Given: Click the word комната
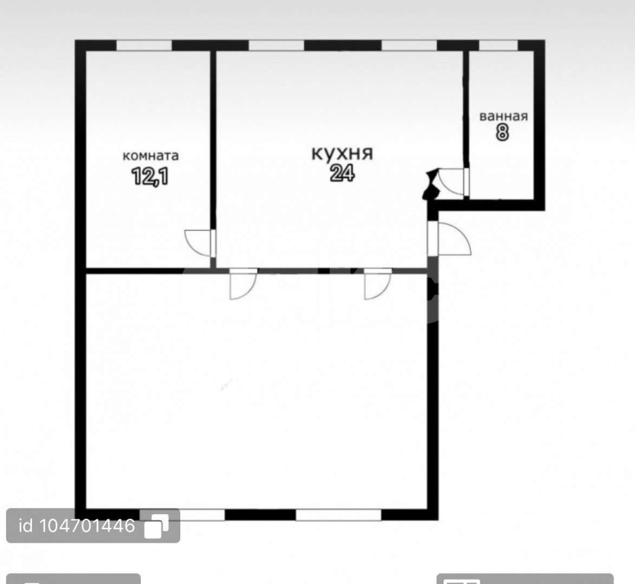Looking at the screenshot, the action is [x=150, y=156].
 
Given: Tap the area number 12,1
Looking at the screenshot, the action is [x=150, y=176].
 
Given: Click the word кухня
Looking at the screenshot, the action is [x=342, y=154].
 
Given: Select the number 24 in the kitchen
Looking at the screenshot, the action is [x=343, y=174].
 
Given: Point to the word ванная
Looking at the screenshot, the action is [x=504, y=116].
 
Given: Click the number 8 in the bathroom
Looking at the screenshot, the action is [x=502, y=132].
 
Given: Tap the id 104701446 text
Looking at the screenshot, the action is [x=77, y=526].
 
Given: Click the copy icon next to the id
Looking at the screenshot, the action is [x=157, y=526].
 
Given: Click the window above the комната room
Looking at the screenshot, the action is [x=144, y=45].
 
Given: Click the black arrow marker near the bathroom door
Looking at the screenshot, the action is [x=431, y=184].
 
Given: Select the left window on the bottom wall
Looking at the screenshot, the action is [x=182, y=515].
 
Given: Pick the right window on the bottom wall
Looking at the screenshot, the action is [x=338, y=515].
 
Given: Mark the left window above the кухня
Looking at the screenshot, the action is [x=276, y=45].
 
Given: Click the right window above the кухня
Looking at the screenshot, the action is [x=410, y=45].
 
